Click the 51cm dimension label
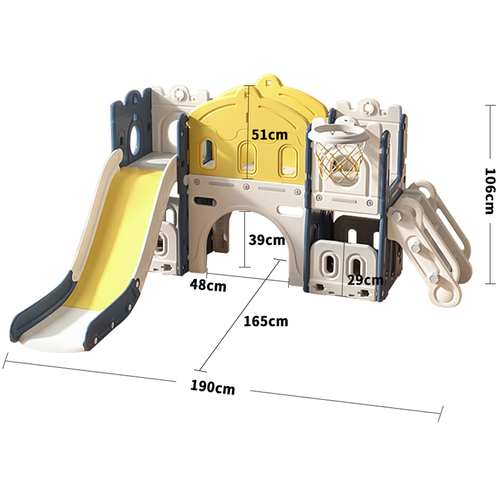point(270,135)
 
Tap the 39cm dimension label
point(267,240)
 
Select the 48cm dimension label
point(208,285)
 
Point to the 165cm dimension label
point(265,322)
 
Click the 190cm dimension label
point(213,387)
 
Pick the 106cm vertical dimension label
point(490,191)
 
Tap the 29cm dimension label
point(365,280)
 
